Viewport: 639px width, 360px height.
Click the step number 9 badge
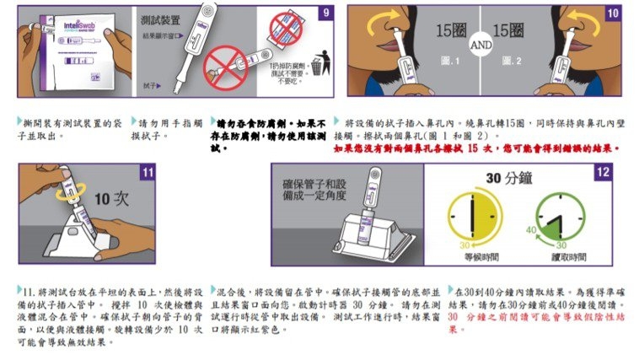[325, 13]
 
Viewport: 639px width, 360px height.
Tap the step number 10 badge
[612, 13]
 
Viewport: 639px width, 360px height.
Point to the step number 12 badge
[601, 171]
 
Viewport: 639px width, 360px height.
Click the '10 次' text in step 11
[110, 201]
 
